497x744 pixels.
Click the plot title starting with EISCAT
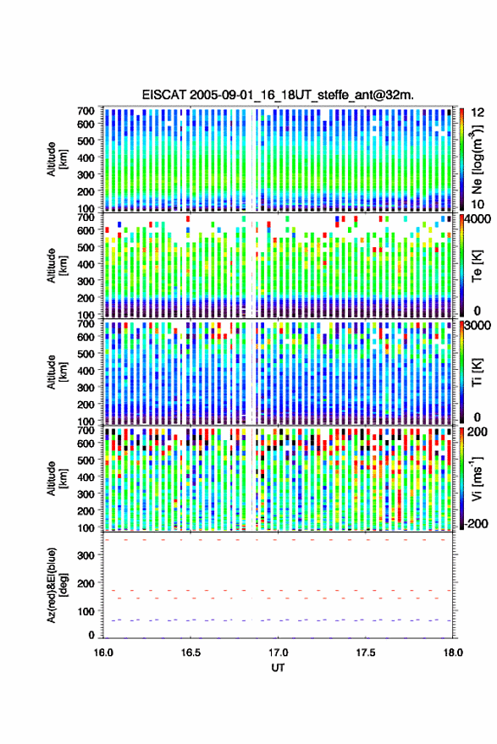(x=278, y=95)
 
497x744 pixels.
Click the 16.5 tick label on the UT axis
(x=191, y=653)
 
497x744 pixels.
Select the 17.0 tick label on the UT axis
(x=279, y=653)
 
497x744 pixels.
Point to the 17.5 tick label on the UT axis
(x=366, y=653)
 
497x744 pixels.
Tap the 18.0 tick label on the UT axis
(x=453, y=653)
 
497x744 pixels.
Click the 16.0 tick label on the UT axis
(x=103, y=653)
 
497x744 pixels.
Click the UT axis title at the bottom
(x=279, y=668)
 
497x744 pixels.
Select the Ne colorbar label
(x=477, y=159)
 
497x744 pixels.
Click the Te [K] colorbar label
(x=477, y=266)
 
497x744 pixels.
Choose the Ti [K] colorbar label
(x=477, y=372)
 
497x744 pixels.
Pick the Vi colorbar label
(x=477, y=478)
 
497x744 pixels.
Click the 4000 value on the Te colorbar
(x=477, y=219)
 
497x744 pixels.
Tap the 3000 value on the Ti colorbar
(x=477, y=326)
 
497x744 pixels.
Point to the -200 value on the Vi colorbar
(x=476, y=524)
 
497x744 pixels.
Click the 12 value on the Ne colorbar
(x=478, y=113)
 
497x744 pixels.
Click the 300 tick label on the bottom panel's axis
(x=86, y=555)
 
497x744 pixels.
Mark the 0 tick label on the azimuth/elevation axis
(x=91, y=635)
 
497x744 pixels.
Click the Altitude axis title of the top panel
(x=57, y=159)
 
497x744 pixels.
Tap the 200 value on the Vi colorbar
(x=478, y=432)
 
